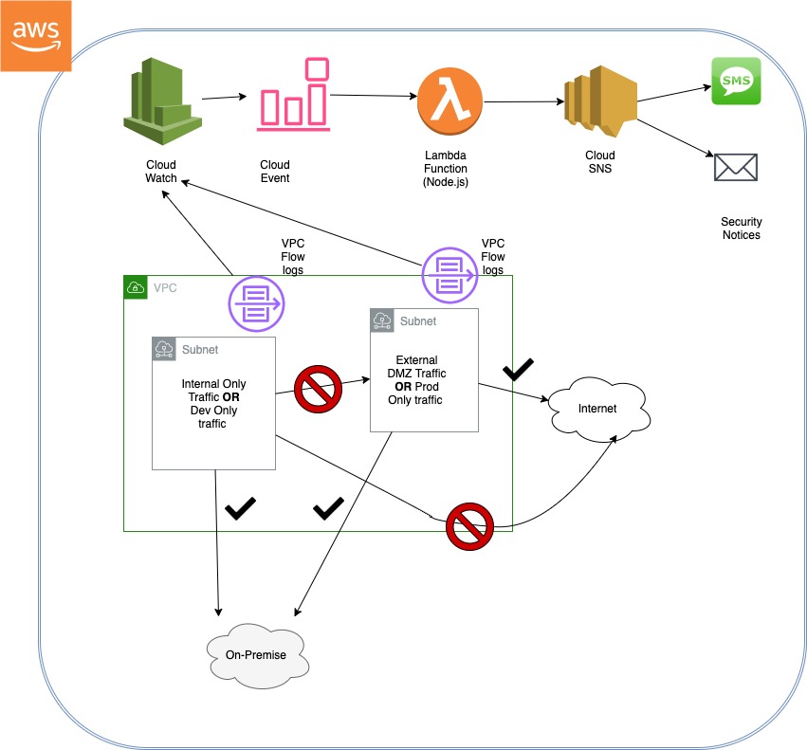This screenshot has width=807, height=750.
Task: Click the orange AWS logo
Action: pos(35,36)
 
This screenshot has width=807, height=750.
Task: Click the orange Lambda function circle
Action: pos(449,100)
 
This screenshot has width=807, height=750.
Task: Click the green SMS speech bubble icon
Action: pos(736,82)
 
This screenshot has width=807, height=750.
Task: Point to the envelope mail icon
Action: pos(736,168)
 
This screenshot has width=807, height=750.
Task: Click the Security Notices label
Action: pos(741,229)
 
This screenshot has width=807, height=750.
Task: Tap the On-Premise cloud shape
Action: pos(255,654)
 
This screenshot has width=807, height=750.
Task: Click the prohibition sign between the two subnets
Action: pos(320,389)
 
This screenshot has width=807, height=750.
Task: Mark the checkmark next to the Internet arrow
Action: pos(519,370)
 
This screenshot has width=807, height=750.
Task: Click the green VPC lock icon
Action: pos(136,287)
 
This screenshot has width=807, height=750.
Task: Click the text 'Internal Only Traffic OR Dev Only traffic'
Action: pos(213,404)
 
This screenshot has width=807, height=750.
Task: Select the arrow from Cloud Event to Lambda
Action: pos(372,95)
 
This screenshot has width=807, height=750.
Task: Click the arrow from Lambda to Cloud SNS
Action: pos(521,101)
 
